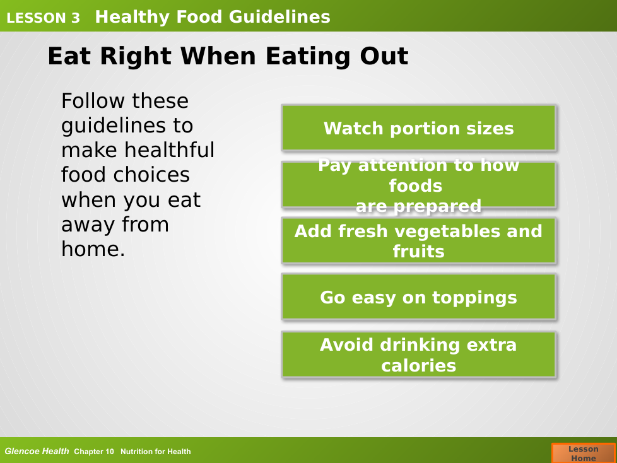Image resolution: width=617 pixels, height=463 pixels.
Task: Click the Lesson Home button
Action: point(584,453)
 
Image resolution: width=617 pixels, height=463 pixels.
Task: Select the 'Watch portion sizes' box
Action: point(419,128)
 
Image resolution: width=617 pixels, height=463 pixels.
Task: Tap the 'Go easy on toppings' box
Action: point(419,297)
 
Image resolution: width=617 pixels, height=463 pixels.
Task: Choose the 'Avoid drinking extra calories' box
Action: point(419,355)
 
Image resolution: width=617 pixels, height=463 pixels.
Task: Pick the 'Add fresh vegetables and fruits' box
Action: point(419,241)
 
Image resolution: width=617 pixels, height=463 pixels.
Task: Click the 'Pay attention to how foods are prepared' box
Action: point(419,185)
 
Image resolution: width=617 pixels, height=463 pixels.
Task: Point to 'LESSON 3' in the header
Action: point(44,18)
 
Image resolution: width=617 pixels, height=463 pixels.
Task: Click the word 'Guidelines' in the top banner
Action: point(279,17)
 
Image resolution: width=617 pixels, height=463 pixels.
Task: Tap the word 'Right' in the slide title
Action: point(136,57)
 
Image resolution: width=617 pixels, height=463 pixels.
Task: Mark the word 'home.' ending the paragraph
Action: point(93,249)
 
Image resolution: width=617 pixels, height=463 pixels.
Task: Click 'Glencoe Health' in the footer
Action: point(37,451)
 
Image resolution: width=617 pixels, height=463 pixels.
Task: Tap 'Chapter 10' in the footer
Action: point(94,452)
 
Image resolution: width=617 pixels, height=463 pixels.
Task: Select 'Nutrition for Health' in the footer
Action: point(155,452)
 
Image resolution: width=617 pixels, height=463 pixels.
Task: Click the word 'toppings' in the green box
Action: point(474,298)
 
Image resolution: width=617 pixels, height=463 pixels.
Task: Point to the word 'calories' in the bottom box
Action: point(419,366)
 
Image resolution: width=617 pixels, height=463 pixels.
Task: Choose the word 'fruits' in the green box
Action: point(419,251)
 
